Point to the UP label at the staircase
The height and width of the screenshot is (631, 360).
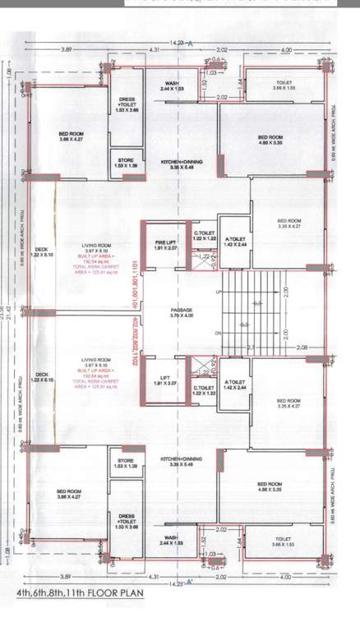218,292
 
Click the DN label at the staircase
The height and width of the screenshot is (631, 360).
218,333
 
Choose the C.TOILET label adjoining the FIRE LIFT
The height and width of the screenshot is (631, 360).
204,236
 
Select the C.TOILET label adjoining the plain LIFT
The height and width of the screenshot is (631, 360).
204,391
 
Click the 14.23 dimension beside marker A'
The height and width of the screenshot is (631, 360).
174,582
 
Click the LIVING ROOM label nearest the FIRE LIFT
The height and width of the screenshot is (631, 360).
96,246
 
